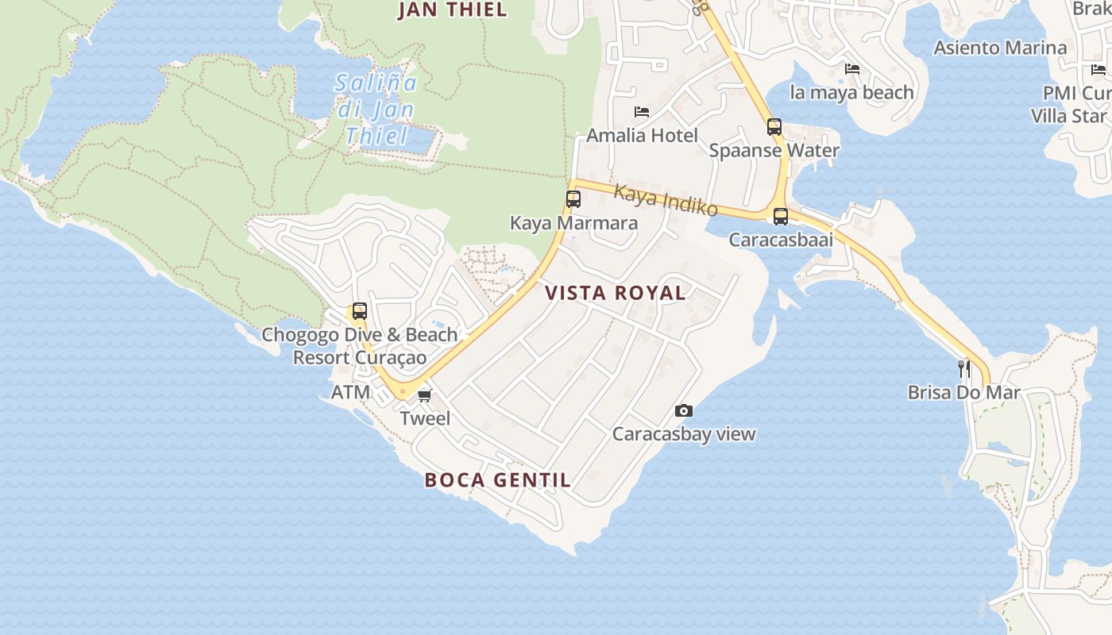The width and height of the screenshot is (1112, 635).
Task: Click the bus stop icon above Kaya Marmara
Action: [x=573, y=199]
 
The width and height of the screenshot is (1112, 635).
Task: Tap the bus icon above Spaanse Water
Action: [x=774, y=127]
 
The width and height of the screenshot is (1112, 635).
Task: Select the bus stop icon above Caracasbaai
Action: [x=781, y=216]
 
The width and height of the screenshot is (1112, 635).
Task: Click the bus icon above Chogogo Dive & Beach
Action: [x=360, y=311]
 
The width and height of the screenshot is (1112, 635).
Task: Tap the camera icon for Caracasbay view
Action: [x=683, y=410]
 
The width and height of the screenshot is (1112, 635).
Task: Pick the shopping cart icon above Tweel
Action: [x=425, y=394]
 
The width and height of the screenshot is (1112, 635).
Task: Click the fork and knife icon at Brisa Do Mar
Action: [x=963, y=368]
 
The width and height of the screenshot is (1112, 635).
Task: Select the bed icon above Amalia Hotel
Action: [x=642, y=112]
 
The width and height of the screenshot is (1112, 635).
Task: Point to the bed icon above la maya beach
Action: [x=852, y=69]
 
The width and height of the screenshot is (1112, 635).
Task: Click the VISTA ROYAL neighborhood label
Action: [x=616, y=293]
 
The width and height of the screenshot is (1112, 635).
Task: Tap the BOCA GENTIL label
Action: [x=497, y=479]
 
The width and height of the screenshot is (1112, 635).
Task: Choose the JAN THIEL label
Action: [x=452, y=10]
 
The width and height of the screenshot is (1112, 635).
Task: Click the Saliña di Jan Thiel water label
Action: [x=376, y=109]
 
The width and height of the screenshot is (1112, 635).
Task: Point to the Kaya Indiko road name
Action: [x=666, y=201]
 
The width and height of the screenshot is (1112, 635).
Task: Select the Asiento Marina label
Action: [x=1000, y=48]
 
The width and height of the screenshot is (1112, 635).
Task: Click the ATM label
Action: [x=350, y=392]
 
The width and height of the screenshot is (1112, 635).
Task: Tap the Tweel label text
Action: [x=425, y=418]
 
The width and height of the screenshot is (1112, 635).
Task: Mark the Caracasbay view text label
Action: [x=683, y=434]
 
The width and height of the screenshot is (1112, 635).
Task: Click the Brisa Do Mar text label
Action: [x=963, y=392]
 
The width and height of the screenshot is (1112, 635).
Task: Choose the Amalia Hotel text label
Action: [x=642, y=136]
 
